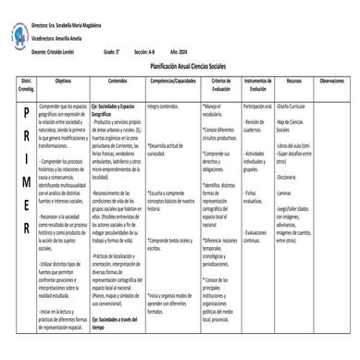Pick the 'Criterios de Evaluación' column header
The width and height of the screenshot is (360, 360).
coord(221,84)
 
